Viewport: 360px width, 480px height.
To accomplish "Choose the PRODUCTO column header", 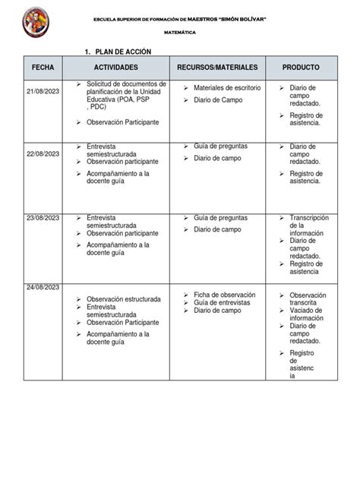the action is pos(301,68).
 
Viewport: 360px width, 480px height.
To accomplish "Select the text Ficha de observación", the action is pos(225,295).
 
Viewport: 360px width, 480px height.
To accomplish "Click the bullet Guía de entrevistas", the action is pos(222,302).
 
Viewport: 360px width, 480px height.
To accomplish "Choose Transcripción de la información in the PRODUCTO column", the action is pos(307,226).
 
